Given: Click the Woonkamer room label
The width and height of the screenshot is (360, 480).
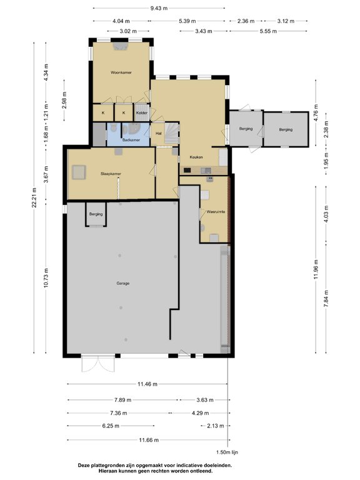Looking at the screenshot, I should point(119,72).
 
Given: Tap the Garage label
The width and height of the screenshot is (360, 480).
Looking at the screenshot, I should point(122,283).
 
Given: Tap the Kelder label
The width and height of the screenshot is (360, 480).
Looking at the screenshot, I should point(142,112).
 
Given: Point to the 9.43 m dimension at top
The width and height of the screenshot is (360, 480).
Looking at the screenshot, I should point(158,8).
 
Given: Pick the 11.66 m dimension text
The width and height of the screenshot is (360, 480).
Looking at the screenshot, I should point(147,440).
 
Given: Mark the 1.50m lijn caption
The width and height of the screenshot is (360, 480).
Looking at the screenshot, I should point(227,451).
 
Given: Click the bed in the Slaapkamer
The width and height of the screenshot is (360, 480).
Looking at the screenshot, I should point(79,171).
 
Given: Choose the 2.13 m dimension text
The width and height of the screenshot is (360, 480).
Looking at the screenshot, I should point(215,426).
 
